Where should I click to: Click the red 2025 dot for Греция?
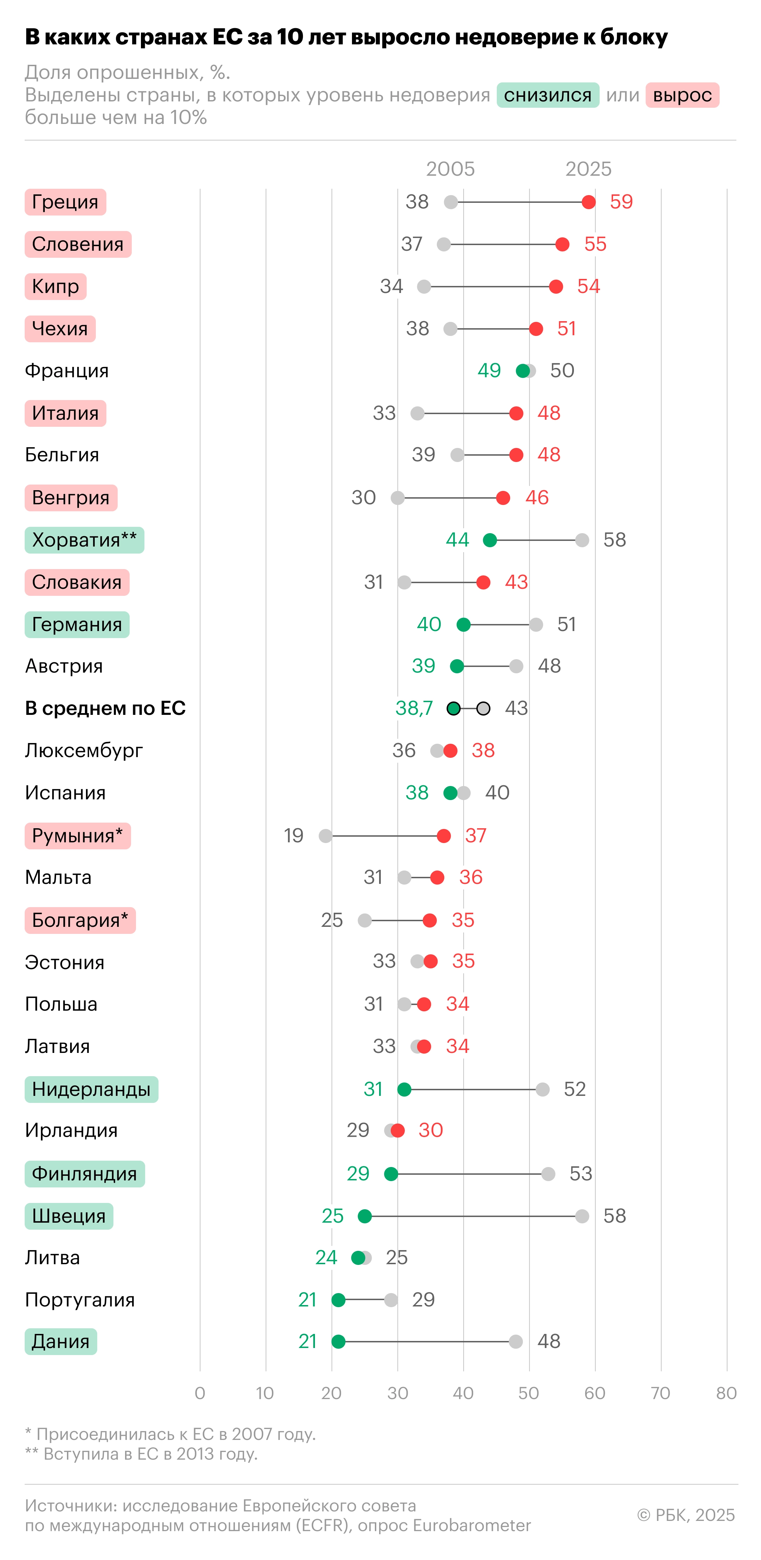[588, 202]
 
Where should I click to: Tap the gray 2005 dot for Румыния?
[326, 836]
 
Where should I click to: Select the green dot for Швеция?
[365, 1216]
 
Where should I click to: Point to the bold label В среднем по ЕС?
[105, 708]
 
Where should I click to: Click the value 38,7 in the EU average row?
[414, 708]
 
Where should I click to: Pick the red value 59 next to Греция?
[621, 202]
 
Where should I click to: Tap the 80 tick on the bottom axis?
[726, 1393]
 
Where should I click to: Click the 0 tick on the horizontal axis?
[200, 1393]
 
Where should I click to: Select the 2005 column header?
[450, 169]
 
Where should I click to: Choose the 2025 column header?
[588, 169]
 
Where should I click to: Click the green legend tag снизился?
[548, 95]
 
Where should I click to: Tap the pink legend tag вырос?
[682, 95]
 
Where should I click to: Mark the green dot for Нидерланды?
[404, 1090]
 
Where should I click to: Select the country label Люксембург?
[83, 750]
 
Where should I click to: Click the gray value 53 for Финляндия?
[581, 1174]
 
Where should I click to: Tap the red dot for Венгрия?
[503, 498]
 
